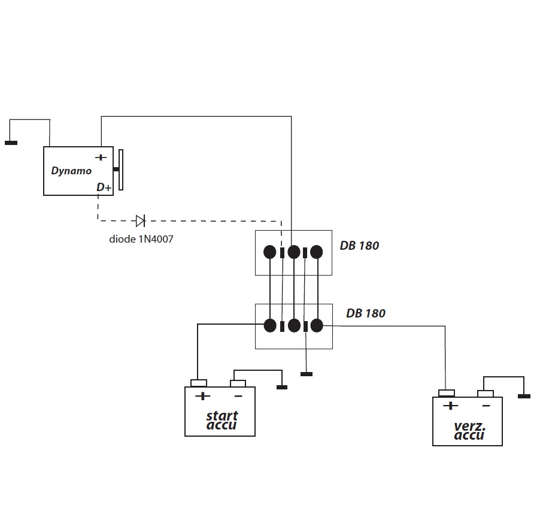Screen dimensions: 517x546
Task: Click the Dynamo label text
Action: tap(71, 171)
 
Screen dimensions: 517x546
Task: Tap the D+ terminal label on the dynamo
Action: tap(104, 188)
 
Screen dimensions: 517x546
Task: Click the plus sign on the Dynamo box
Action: tap(101, 158)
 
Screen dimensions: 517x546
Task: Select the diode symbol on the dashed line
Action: tap(140, 221)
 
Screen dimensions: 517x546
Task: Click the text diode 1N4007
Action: tap(141, 239)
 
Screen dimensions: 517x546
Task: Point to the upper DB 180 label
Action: tap(359, 246)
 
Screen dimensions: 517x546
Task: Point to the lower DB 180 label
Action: tap(365, 313)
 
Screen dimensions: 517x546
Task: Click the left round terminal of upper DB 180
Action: tap(270, 252)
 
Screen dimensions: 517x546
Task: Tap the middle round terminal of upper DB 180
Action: tap(293, 252)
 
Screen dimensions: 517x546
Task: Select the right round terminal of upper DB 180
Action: tap(316, 252)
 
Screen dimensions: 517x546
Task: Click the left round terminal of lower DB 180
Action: tap(270, 325)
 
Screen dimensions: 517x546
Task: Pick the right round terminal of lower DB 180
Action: tap(316, 325)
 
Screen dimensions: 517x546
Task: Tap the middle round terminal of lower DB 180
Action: tap(293, 325)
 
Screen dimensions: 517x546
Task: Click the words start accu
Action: tap(222, 420)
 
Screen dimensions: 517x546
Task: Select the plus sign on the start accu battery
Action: tap(203, 396)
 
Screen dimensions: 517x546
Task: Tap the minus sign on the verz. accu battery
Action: tap(486, 406)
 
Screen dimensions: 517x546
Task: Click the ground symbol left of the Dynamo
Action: tap(11, 143)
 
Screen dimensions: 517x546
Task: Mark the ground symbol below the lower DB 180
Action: tap(306, 374)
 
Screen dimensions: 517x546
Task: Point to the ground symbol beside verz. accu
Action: tap(524, 396)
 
